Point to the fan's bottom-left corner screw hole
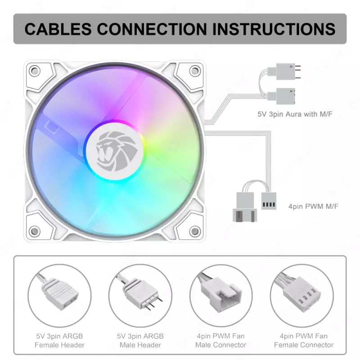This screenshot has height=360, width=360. [x=34, y=231]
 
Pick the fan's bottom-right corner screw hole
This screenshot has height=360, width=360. [x=194, y=231]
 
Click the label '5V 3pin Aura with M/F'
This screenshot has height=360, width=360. [x=295, y=115]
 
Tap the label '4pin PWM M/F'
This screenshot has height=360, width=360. [x=313, y=207]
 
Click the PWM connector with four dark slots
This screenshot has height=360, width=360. [x=269, y=201]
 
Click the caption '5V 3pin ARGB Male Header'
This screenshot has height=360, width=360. [x=140, y=340]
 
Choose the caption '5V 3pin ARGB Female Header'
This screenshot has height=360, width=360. [x=59, y=340]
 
